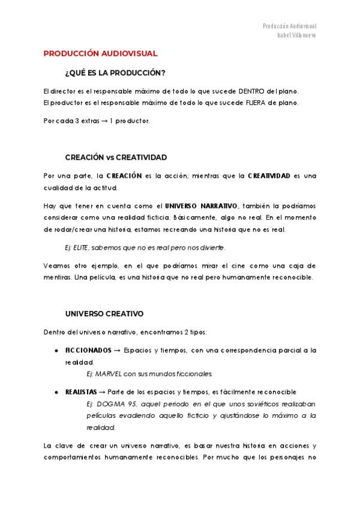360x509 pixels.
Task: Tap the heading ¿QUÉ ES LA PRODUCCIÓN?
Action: (115, 73)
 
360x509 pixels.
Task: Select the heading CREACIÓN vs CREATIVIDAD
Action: (116, 157)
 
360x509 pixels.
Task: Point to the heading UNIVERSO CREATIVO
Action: (104, 313)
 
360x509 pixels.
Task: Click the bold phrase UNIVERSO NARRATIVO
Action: (197, 206)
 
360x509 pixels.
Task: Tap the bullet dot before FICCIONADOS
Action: (56, 349)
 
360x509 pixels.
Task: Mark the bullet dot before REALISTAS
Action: (56, 391)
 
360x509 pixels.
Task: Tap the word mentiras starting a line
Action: (58, 277)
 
